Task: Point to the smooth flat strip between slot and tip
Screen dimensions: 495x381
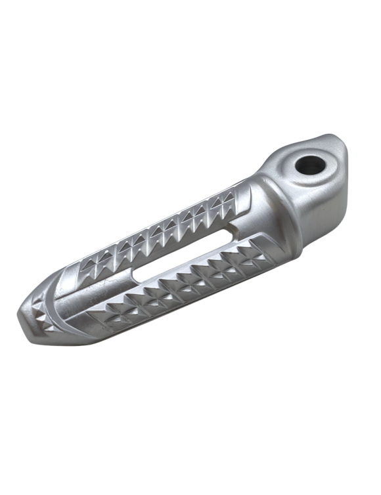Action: click(92, 292)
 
